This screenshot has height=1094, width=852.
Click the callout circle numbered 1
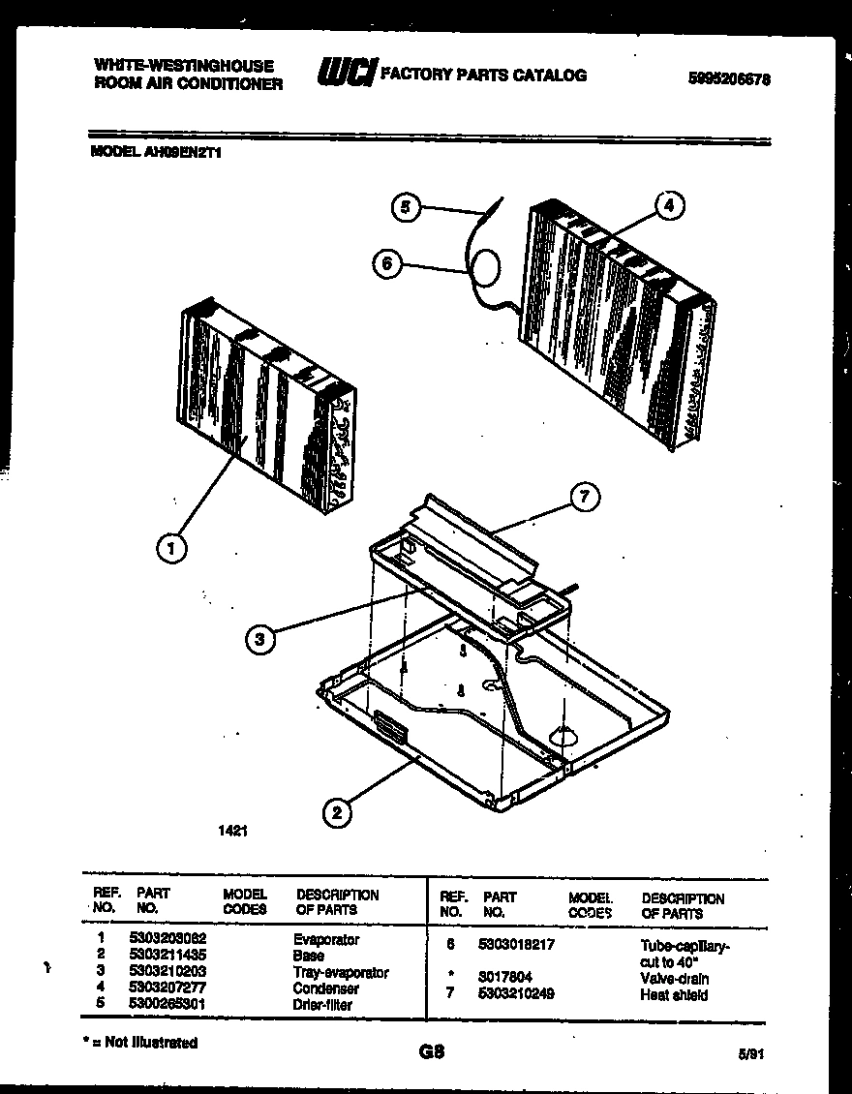pos(170,549)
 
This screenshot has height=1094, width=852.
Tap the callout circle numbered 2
pos(336,813)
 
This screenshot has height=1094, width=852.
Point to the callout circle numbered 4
pos(668,205)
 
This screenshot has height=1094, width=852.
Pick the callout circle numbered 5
pos(406,206)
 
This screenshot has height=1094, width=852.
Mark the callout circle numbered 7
pos(583,498)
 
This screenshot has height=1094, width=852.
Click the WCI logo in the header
pos(346,75)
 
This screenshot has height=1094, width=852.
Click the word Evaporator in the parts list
pos(325,939)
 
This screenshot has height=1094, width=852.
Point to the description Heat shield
pos(674,994)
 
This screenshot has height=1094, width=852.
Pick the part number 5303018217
pos(518,944)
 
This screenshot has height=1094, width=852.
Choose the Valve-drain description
pos(674,978)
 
